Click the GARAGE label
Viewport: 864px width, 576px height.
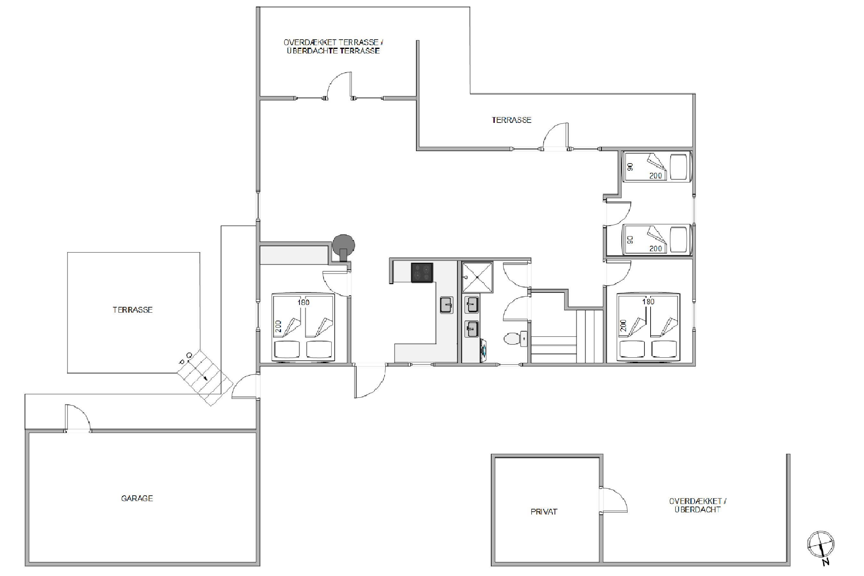137,499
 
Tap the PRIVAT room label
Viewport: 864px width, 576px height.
544,512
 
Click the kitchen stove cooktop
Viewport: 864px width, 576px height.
422,273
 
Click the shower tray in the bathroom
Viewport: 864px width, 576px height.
477,277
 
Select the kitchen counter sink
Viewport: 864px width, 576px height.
447,305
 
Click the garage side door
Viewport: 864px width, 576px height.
78,418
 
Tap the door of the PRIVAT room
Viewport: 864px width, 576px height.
613,500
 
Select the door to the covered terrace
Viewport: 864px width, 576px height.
339,85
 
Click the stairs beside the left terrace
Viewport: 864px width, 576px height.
205,377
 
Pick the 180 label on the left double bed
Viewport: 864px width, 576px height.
303,302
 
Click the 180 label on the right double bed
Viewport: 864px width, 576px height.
648,301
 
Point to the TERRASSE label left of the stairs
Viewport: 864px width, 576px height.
132,310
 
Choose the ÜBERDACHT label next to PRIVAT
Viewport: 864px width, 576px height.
698,509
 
